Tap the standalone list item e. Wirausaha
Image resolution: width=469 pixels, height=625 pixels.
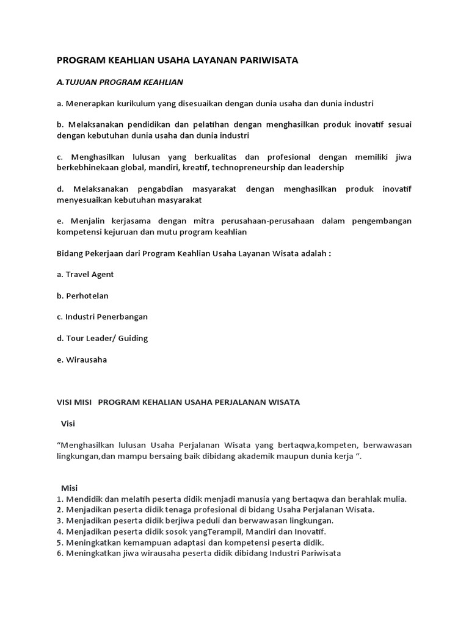pos(81,359)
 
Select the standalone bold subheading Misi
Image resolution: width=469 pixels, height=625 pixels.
pos(69,488)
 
